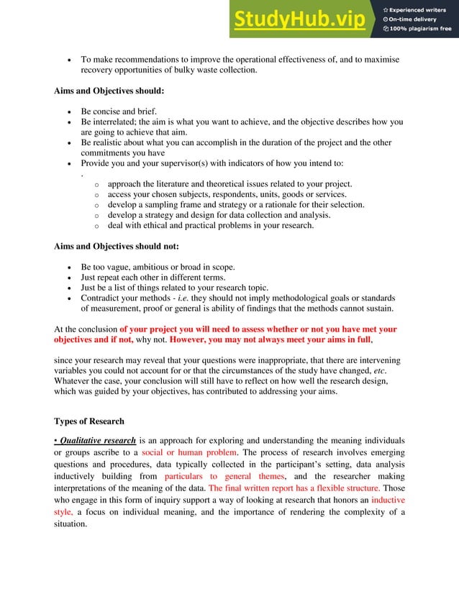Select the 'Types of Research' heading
[89, 421]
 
